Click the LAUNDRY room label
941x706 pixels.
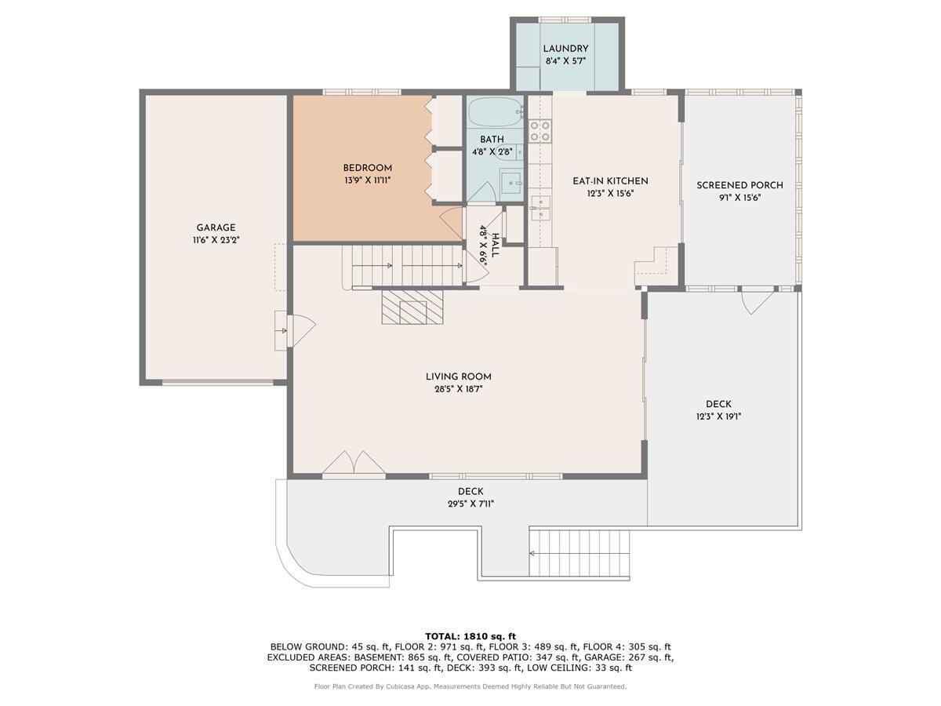coord(565,49)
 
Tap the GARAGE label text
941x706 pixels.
coord(216,227)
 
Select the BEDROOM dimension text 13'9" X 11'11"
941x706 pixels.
coord(368,180)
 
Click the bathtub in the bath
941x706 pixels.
coord(495,111)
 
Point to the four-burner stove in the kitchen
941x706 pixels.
coord(540,131)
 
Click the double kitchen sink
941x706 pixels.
coord(540,208)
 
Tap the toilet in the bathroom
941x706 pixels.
coord(509,151)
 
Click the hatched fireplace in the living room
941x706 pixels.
coord(412,307)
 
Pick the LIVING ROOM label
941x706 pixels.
coord(458,377)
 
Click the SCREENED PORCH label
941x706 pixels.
coord(739,185)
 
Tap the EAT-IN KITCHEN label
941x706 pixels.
coord(610,181)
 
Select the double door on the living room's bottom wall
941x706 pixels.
coord(354,464)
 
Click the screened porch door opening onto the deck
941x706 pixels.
coord(758,302)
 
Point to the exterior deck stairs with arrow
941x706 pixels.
coord(579,554)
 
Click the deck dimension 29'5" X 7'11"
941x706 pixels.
coord(470,504)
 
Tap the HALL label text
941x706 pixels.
coord(495,246)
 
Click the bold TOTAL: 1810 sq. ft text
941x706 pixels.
coord(470,636)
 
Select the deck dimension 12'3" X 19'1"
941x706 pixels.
coord(718,417)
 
